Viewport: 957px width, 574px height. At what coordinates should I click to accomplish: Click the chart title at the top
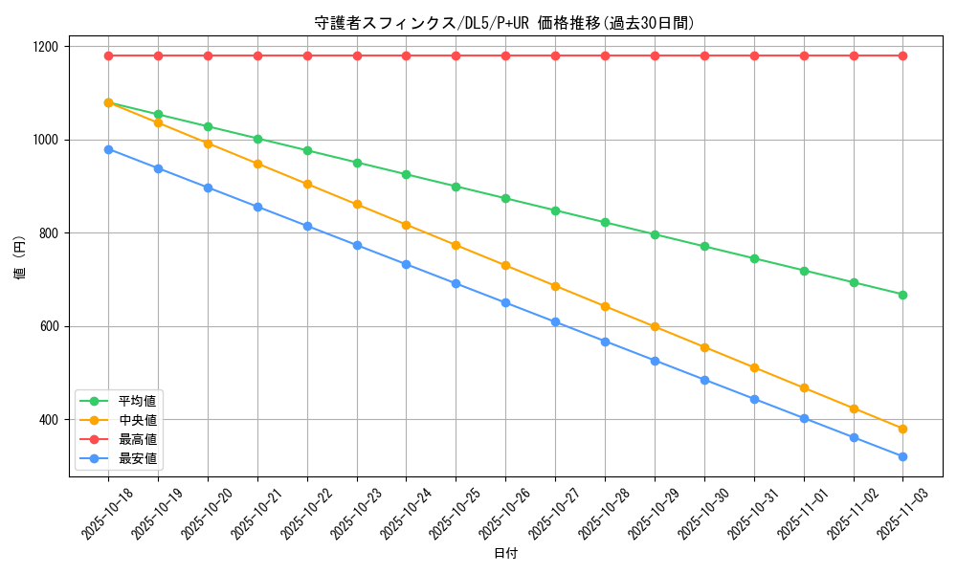point(504,23)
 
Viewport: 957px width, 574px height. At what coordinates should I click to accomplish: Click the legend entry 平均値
point(137,400)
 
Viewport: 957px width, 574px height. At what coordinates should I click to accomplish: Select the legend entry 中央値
point(137,419)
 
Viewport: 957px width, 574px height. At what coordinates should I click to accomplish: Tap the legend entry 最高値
point(137,439)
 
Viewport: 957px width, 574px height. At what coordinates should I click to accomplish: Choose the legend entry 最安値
point(137,459)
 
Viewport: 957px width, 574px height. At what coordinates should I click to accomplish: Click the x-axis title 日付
point(505,554)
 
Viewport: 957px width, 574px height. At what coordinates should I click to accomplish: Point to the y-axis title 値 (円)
point(19,258)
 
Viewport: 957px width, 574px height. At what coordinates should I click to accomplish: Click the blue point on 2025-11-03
point(902,456)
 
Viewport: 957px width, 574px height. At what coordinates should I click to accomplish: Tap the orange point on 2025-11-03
point(902,429)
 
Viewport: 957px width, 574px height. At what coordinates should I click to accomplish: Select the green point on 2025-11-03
point(902,295)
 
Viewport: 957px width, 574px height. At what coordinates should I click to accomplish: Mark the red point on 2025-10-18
point(108,55)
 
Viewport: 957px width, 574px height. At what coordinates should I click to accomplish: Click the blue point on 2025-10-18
point(108,149)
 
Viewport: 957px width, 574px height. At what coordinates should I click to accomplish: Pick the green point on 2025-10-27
point(555,210)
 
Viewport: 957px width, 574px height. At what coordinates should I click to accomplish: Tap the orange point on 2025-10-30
point(704,347)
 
